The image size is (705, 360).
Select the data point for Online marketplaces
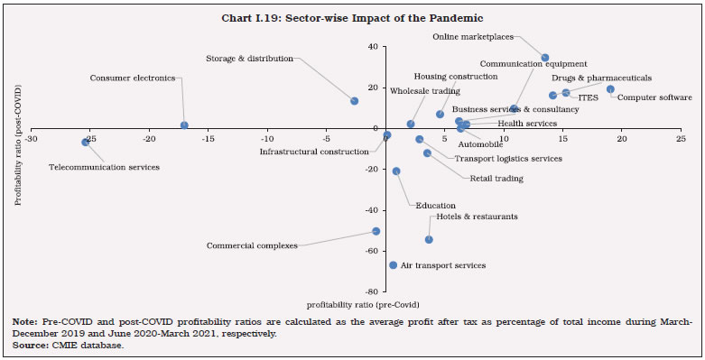(x=544, y=58)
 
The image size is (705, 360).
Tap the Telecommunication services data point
(x=86, y=142)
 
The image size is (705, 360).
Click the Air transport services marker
(x=393, y=265)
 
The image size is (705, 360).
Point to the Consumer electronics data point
(x=184, y=125)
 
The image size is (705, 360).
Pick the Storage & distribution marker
(x=354, y=101)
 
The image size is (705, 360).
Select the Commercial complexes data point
(x=376, y=231)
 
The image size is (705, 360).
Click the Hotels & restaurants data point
(x=429, y=239)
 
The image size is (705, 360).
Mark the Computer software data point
(x=610, y=89)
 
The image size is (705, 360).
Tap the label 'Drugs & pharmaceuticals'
(x=601, y=78)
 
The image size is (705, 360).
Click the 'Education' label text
(x=434, y=206)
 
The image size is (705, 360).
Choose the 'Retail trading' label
(x=496, y=179)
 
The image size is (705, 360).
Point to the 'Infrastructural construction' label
(x=314, y=152)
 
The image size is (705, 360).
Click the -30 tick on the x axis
(x=32, y=139)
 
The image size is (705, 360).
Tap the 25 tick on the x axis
(x=680, y=139)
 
